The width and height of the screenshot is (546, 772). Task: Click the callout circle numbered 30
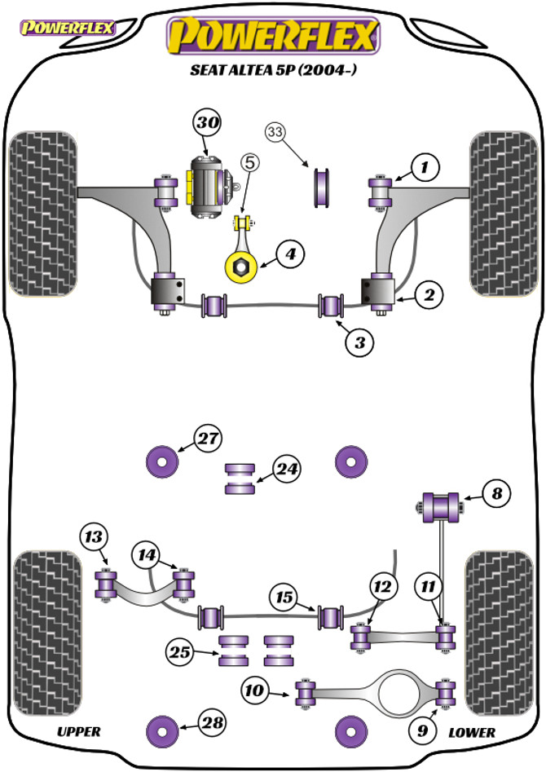[207, 123]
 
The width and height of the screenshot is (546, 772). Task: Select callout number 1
[424, 169]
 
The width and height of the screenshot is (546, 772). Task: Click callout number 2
[429, 295]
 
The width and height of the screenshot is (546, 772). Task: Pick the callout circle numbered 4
[290, 254]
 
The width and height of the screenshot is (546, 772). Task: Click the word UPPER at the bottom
[79, 731]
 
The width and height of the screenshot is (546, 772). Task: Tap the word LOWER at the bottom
[471, 732]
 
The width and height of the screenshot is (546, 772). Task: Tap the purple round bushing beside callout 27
[162, 462]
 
